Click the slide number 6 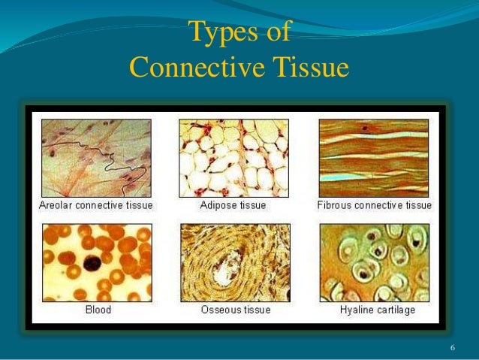point(453,347)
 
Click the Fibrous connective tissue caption point(375,204)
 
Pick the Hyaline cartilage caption point(375,309)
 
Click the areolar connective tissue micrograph point(95,158)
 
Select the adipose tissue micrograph point(234,158)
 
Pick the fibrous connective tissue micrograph point(375,158)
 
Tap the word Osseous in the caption point(221,309)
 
